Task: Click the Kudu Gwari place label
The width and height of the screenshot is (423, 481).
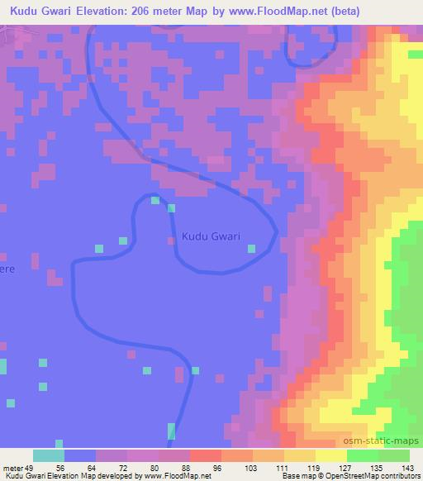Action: [x=210, y=236]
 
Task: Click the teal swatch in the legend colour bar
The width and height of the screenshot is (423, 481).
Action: [x=49, y=455]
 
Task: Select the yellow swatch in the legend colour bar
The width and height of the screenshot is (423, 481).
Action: [x=331, y=455]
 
